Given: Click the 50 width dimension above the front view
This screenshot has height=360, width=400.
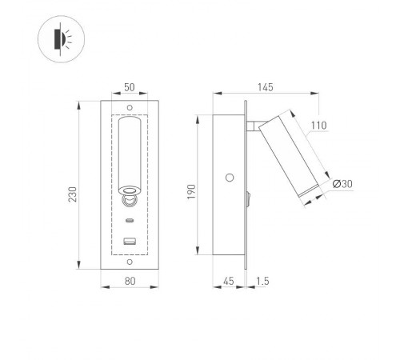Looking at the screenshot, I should click(x=129, y=88).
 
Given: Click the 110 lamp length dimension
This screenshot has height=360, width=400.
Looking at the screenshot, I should click(x=319, y=126).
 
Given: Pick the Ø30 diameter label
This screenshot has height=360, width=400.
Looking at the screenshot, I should click(x=343, y=185).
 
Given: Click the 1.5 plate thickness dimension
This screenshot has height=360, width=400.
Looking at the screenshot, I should click(x=262, y=282).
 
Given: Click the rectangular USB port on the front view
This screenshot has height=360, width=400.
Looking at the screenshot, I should click(x=129, y=241).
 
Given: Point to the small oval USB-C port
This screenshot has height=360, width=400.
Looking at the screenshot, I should click(x=129, y=219).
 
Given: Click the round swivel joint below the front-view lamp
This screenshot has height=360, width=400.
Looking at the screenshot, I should click(x=129, y=202).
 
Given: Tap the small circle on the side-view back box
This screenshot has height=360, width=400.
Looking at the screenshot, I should click(x=230, y=178).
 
